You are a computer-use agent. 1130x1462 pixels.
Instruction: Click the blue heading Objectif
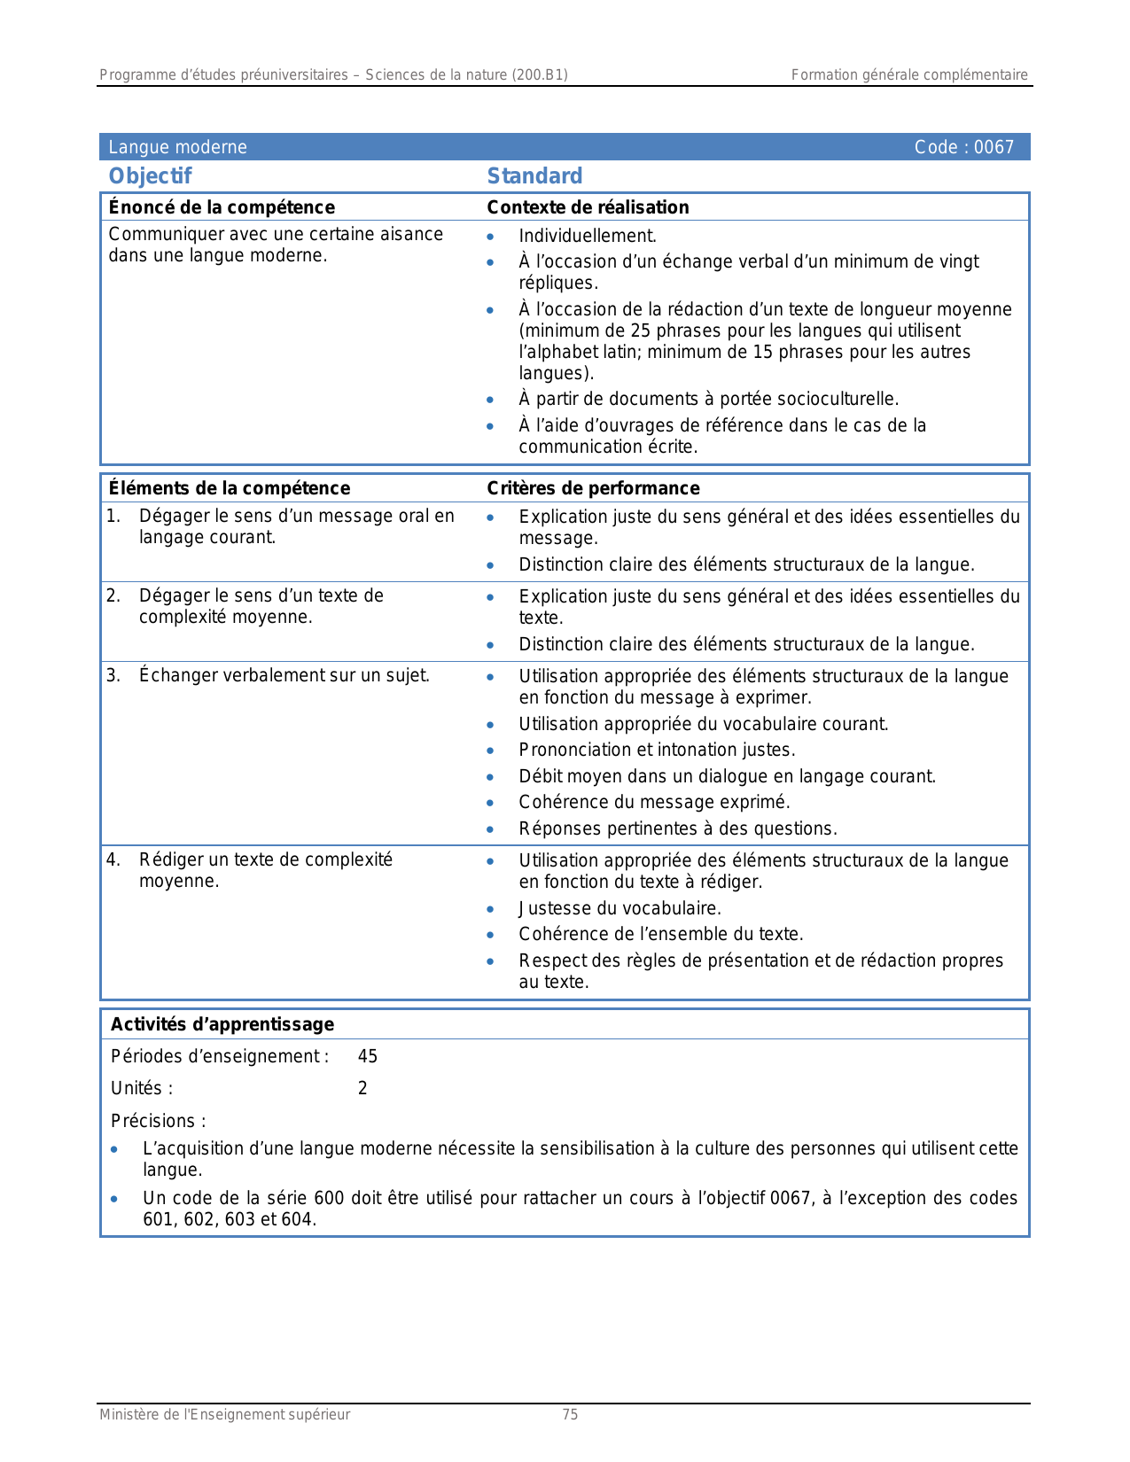click(150, 176)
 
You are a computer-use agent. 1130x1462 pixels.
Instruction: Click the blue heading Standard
click(534, 176)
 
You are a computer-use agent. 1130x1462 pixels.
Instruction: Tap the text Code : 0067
click(963, 147)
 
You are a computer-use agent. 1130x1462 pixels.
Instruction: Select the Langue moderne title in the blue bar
click(177, 147)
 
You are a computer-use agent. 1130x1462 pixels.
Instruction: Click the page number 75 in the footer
click(570, 1415)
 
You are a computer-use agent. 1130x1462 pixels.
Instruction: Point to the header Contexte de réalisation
click(588, 207)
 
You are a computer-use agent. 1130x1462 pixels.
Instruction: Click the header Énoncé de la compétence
click(222, 207)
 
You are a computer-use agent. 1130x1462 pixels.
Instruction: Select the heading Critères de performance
click(593, 488)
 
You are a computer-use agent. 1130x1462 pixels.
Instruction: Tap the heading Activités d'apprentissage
click(222, 1024)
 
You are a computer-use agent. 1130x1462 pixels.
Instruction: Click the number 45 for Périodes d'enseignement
click(368, 1056)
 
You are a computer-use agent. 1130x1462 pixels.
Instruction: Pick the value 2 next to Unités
click(362, 1088)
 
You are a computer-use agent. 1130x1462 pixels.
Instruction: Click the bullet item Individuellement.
click(588, 236)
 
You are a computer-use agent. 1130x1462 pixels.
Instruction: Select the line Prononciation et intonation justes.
click(657, 750)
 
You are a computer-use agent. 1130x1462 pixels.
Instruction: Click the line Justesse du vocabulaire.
click(620, 908)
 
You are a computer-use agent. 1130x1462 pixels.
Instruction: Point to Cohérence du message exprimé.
click(654, 802)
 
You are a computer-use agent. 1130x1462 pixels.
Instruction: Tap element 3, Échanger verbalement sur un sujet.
click(284, 675)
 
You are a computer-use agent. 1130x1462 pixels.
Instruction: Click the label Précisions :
click(158, 1121)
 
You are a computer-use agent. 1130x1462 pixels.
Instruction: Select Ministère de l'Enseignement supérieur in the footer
click(224, 1415)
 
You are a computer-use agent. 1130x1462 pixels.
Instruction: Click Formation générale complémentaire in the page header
click(909, 75)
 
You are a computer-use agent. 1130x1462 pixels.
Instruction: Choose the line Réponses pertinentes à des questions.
click(678, 828)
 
